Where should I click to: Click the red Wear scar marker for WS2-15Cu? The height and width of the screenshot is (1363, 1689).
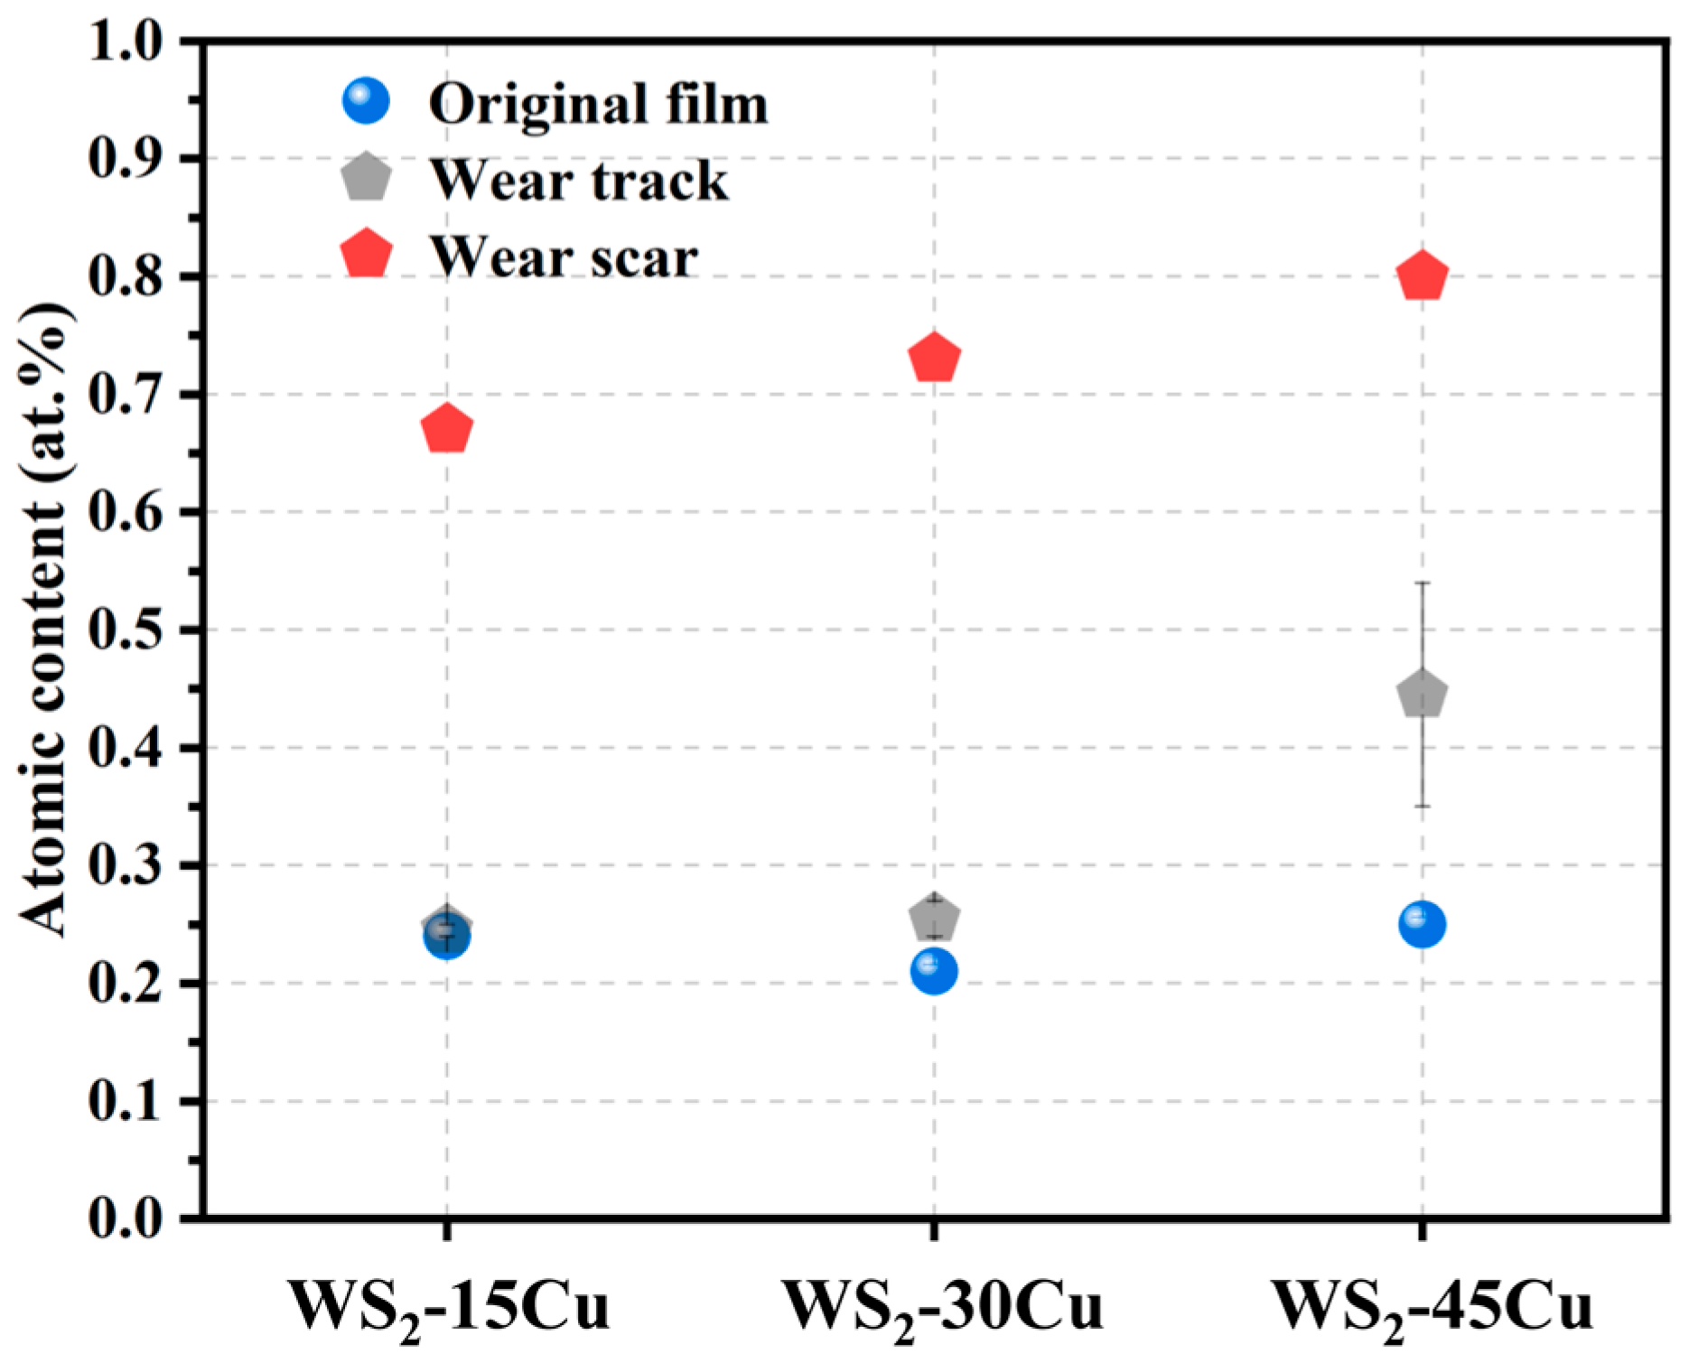[x=446, y=429]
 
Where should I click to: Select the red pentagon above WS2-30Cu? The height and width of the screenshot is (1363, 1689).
[x=934, y=358]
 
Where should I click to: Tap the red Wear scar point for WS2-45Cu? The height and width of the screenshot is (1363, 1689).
[x=1423, y=275]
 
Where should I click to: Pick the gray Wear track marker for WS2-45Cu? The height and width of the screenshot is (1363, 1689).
[x=1423, y=694]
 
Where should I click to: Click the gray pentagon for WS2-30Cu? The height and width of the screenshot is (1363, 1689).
[x=934, y=918]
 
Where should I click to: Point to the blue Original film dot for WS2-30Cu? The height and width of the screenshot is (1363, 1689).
[x=934, y=971]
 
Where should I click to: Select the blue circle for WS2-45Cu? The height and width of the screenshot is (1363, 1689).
[x=1423, y=924]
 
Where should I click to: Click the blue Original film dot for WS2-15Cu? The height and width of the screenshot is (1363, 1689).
[x=446, y=937]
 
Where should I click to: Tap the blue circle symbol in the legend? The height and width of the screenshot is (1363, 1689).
[x=367, y=100]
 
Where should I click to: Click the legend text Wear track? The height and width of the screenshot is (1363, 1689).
[x=578, y=180]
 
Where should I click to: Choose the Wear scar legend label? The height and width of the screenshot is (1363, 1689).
[x=564, y=257]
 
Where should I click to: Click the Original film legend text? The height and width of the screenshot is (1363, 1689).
[x=598, y=104]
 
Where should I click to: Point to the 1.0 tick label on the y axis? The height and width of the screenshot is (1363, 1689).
[x=126, y=41]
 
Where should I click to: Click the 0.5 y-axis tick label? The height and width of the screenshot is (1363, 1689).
[x=126, y=630]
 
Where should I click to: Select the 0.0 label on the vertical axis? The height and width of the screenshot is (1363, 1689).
[x=126, y=1219]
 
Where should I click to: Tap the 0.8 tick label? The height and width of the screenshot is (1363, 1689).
[x=126, y=276]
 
